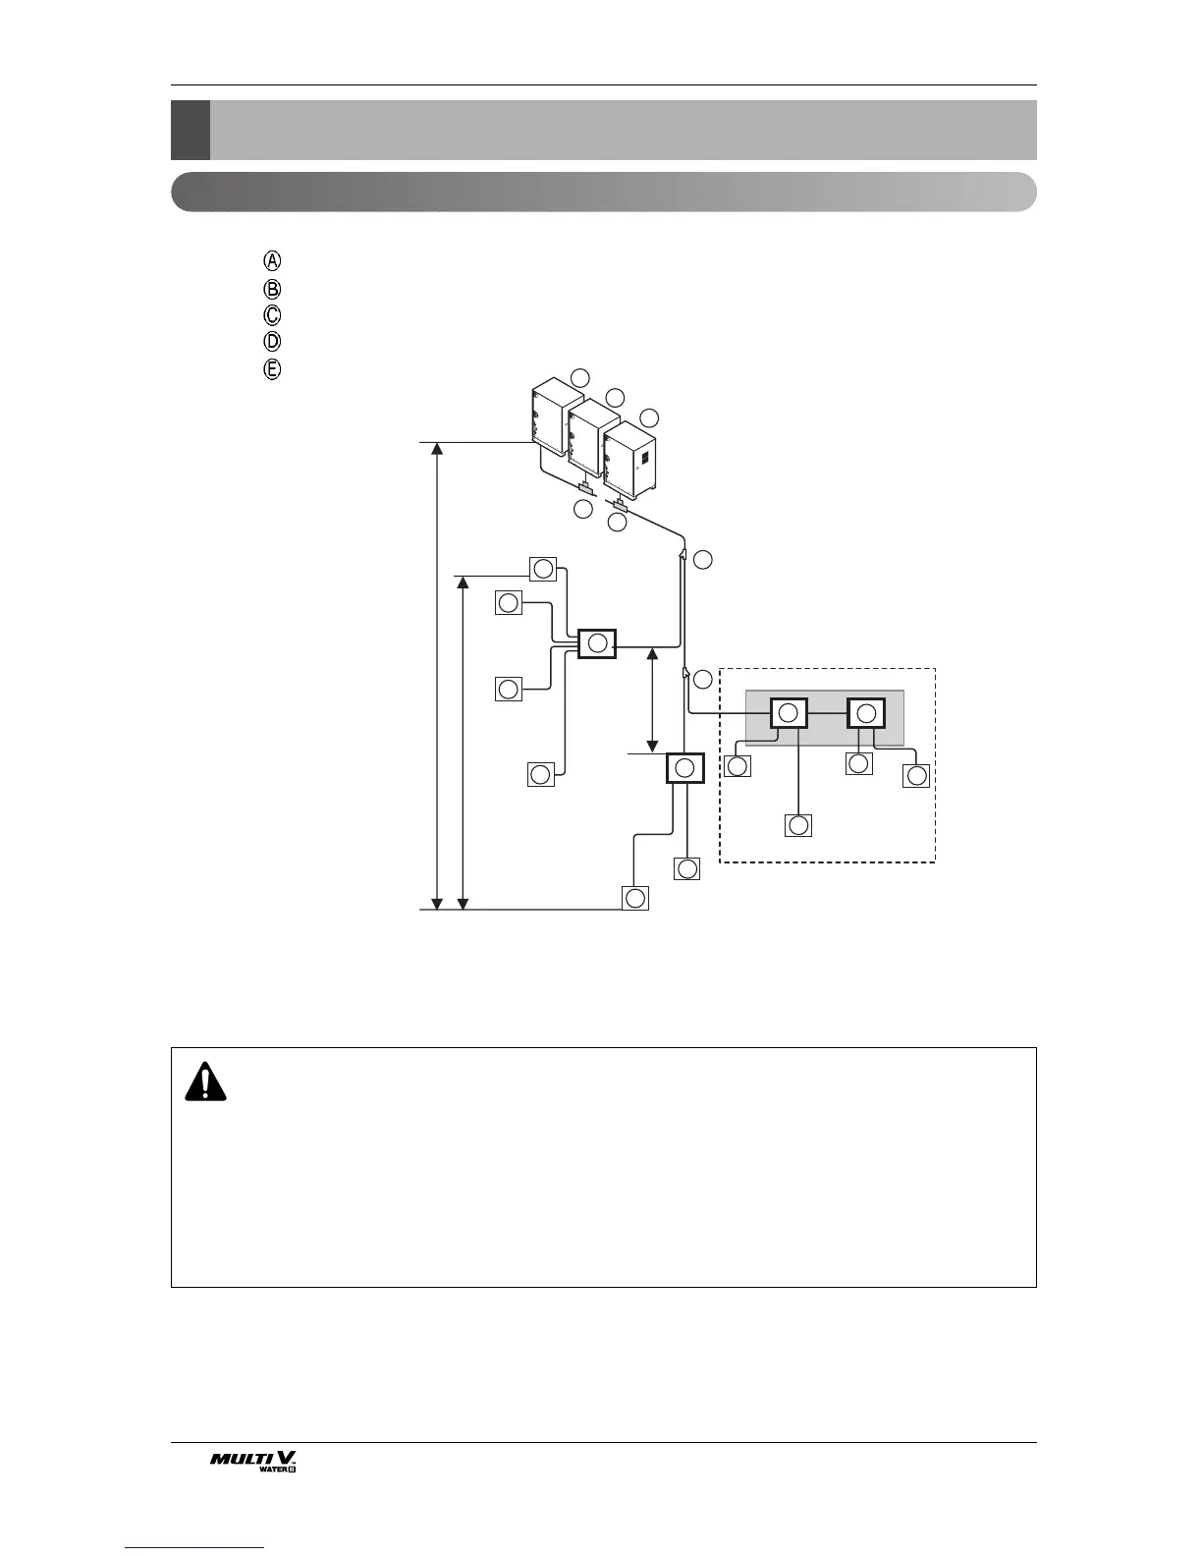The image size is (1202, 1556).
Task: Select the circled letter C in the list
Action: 273,315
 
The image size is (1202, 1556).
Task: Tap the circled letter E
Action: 273,369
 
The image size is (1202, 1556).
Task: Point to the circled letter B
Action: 273,289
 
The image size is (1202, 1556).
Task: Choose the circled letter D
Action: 273,342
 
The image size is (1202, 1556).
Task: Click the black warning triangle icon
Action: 205,1083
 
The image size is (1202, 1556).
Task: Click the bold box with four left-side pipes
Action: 597,644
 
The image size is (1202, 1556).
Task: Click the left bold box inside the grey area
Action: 788,713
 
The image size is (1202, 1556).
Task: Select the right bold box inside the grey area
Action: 866,713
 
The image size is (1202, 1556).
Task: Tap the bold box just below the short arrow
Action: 685,768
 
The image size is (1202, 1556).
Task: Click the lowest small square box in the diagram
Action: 635,898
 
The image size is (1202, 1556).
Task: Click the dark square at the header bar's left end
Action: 190,130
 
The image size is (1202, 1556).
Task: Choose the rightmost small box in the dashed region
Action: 916,776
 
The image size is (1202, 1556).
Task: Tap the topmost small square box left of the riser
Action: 542,569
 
